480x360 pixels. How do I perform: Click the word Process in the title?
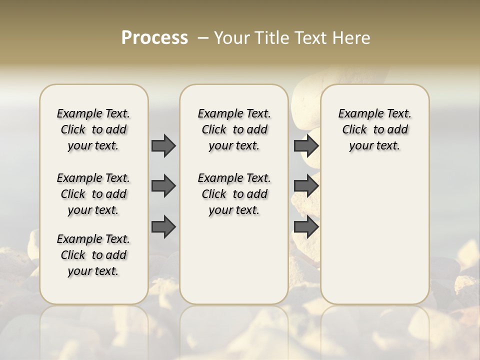click(154, 38)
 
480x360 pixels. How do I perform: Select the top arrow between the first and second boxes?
click(163, 145)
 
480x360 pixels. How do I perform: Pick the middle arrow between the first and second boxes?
click(163, 186)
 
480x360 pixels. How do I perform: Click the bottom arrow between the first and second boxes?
click(163, 227)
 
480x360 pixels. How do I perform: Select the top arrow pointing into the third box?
click(306, 145)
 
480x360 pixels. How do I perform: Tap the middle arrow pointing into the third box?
click(306, 186)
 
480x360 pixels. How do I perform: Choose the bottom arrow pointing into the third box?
click(306, 227)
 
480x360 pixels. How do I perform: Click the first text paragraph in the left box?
click(93, 129)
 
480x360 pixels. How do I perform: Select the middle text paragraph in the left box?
click(93, 194)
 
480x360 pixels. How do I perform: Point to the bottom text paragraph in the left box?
click(93, 255)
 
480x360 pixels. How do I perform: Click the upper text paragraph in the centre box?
click(234, 129)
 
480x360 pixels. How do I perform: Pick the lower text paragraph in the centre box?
click(234, 194)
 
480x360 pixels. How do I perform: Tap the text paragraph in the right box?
click(374, 129)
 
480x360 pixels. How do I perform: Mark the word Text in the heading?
click(312, 38)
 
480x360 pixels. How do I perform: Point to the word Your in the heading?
click(231, 38)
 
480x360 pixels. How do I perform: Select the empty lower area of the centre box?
click(234, 260)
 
